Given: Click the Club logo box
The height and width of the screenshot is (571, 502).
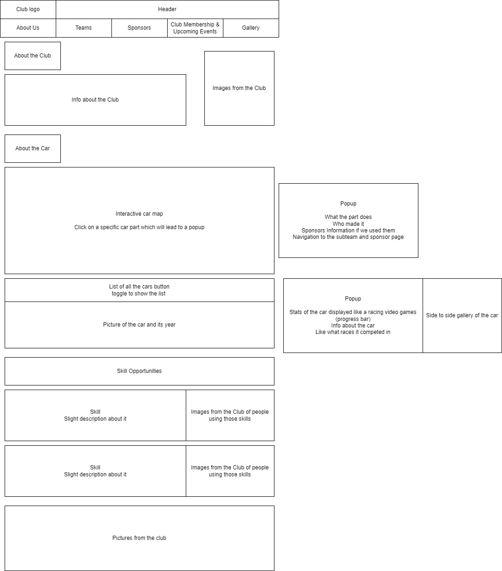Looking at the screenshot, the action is pyautogui.click(x=28, y=9).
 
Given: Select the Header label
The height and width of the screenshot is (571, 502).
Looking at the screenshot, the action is pyautogui.click(x=167, y=9).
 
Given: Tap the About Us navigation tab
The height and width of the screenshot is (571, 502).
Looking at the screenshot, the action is pyautogui.click(x=28, y=28).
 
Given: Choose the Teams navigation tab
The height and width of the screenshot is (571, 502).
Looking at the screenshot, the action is pyautogui.click(x=84, y=28).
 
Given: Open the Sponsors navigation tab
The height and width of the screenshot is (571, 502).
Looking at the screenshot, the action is pyautogui.click(x=139, y=28).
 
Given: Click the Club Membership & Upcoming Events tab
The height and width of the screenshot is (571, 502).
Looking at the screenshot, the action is pyautogui.click(x=195, y=28).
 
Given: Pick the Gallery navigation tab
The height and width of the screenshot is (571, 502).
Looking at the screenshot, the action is pyautogui.click(x=251, y=28).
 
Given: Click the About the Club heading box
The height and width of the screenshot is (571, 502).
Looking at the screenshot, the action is pyautogui.click(x=33, y=56).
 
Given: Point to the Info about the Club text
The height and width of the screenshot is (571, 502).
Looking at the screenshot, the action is pyautogui.click(x=95, y=100).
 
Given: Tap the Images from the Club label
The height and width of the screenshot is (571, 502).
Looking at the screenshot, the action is pyautogui.click(x=239, y=88).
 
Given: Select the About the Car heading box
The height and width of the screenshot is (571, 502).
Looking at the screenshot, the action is pyautogui.click(x=33, y=148).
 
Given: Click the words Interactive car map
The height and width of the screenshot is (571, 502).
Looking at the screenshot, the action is pyautogui.click(x=139, y=214).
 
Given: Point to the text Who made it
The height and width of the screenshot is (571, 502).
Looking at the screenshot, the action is pyautogui.click(x=348, y=224).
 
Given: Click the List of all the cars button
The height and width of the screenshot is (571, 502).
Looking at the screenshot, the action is pyautogui.click(x=139, y=290).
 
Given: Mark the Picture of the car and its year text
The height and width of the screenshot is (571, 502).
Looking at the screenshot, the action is pyautogui.click(x=139, y=325).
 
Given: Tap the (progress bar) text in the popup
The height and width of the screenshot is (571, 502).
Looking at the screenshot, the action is pyautogui.click(x=353, y=319).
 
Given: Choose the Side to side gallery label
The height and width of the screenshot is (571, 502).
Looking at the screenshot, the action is pyautogui.click(x=462, y=315).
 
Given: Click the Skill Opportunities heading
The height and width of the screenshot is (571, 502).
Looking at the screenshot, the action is pyautogui.click(x=139, y=371).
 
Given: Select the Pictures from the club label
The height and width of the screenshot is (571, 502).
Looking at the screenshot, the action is pyautogui.click(x=139, y=538).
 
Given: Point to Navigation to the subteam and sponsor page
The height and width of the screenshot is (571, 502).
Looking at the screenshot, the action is pyautogui.click(x=348, y=237).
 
